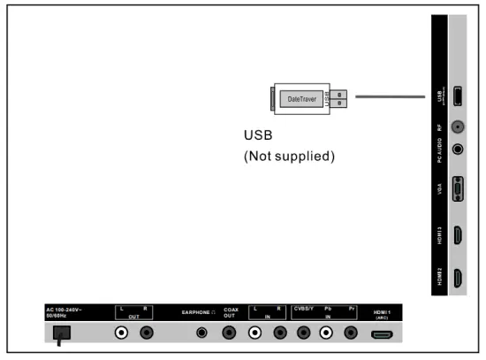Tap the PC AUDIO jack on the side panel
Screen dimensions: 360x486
458,149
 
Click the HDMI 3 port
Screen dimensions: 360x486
458,236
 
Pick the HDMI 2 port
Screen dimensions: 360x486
458,279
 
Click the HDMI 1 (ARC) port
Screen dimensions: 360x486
382,334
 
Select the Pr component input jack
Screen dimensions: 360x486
351,334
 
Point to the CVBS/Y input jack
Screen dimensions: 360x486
304,334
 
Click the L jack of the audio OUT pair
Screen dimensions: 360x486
122,334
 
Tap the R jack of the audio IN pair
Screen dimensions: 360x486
280,334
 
